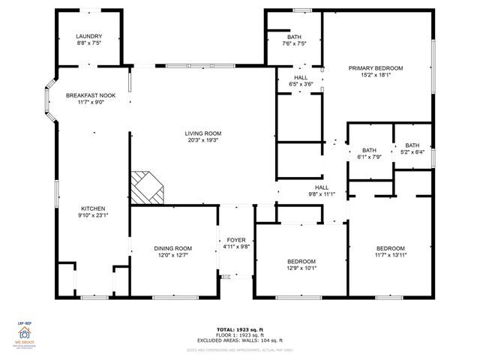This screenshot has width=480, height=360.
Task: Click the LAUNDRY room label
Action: click(88, 37)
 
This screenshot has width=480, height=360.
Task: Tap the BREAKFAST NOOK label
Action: click(90, 95)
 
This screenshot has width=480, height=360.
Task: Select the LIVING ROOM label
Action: click(203, 134)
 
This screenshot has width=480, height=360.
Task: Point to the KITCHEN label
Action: click(93, 208)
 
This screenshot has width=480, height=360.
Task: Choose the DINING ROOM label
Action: click(173, 248)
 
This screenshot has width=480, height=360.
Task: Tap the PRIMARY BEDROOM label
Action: click(376, 68)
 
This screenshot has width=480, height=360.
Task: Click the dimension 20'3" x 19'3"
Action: click(203, 142)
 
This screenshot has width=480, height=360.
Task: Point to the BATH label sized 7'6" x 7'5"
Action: click(294, 37)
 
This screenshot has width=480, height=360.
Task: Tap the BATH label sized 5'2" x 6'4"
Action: click(412, 145)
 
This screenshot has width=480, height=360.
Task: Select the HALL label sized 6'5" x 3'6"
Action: click(301, 77)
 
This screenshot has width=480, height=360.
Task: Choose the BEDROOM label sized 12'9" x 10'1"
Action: click(301, 261)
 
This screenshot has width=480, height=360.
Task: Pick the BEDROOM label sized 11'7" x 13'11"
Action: click(390, 248)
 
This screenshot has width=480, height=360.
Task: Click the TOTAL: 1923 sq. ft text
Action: click(239, 328)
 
